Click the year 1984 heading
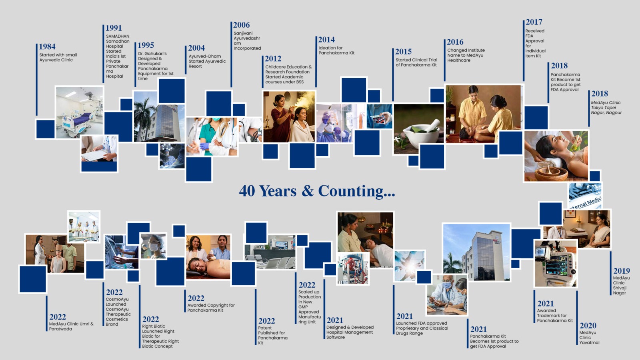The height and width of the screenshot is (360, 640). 47,47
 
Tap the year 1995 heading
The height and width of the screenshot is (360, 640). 146,45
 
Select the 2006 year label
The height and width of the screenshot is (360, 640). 241,25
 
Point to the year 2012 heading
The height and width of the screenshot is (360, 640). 273,59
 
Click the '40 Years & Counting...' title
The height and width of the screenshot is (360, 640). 317,191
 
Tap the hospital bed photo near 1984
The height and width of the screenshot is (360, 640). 79,112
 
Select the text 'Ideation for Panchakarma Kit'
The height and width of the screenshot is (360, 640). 336,50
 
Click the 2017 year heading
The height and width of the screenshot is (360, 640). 534,22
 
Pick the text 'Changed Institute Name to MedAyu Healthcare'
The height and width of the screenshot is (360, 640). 466,55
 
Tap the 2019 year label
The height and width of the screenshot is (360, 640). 621,271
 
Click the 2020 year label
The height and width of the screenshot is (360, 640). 588,326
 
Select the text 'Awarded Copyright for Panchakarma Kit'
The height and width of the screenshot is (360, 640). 211,308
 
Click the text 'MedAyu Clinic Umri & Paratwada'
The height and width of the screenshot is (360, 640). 71,326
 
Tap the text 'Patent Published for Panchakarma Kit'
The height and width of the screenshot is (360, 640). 272,335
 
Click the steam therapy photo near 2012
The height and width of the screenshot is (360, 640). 289,116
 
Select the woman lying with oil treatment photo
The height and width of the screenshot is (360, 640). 556,156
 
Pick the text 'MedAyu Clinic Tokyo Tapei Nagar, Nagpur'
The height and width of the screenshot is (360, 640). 606,108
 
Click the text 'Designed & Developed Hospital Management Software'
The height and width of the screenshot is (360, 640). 350,332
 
